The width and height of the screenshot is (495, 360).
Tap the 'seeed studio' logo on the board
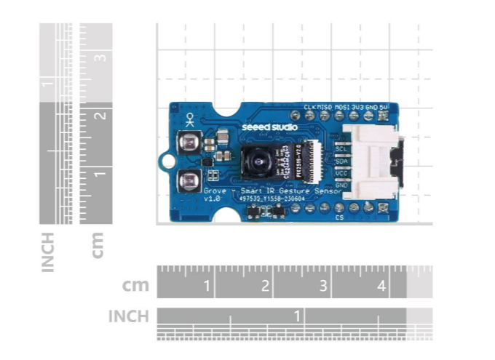(269, 127)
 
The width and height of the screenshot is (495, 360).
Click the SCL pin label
(340, 148)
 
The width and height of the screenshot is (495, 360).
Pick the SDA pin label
(340, 161)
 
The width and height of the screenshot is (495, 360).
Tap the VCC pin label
(340, 173)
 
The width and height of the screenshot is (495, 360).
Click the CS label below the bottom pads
(339, 217)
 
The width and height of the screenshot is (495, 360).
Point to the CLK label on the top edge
(309, 106)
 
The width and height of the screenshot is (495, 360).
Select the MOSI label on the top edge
(341, 106)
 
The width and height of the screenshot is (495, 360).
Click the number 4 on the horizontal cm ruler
(381, 286)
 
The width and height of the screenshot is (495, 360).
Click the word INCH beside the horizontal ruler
(128, 316)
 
